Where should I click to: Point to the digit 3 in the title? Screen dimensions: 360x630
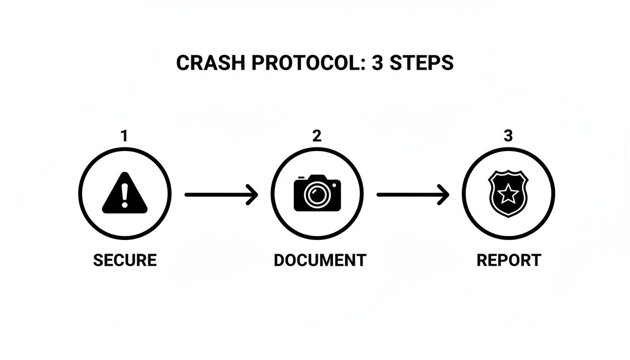pyautogui.click(x=377, y=63)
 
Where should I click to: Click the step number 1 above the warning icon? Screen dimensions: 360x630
pyautogui.click(x=124, y=136)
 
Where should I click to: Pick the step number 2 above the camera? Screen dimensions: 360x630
pyautogui.click(x=317, y=136)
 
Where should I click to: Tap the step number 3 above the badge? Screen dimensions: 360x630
pyautogui.click(x=508, y=136)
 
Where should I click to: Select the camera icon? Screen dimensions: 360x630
pyautogui.click(x=317, y=193)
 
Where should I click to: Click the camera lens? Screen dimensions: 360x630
pyautogui.click(x=317, y=195)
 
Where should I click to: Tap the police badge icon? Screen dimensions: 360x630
pyautogui.click(x=508, y=194)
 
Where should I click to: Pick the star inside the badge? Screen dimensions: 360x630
pyautogui.click(x=508, y=194)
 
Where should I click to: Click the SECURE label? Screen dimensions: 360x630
pyautogui.click(x=125, y=260)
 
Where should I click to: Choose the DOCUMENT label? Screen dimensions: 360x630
pyautogui.click(x=320, y=260)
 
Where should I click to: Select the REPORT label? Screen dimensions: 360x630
pyautogui.click(x=509, y=260)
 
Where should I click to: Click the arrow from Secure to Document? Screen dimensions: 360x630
pyautogui.click(x=221, y=194)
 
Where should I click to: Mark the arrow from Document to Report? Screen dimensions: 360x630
pyautogui.click(x=412, y=194)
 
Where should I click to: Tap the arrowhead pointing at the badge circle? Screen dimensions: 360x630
pyautogui.click(x=444, y=194)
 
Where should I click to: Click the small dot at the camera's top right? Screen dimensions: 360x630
pyautogui.click(x=334, y=185)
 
